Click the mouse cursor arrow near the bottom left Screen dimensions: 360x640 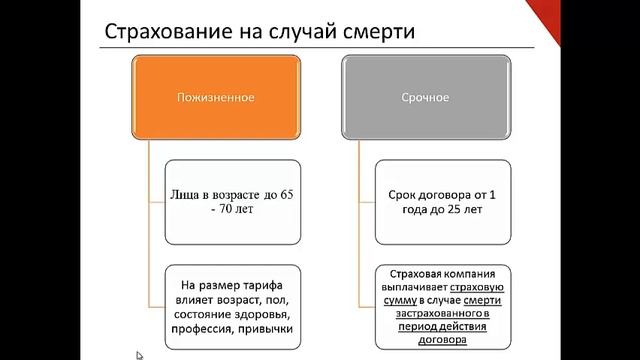[140, 353]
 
